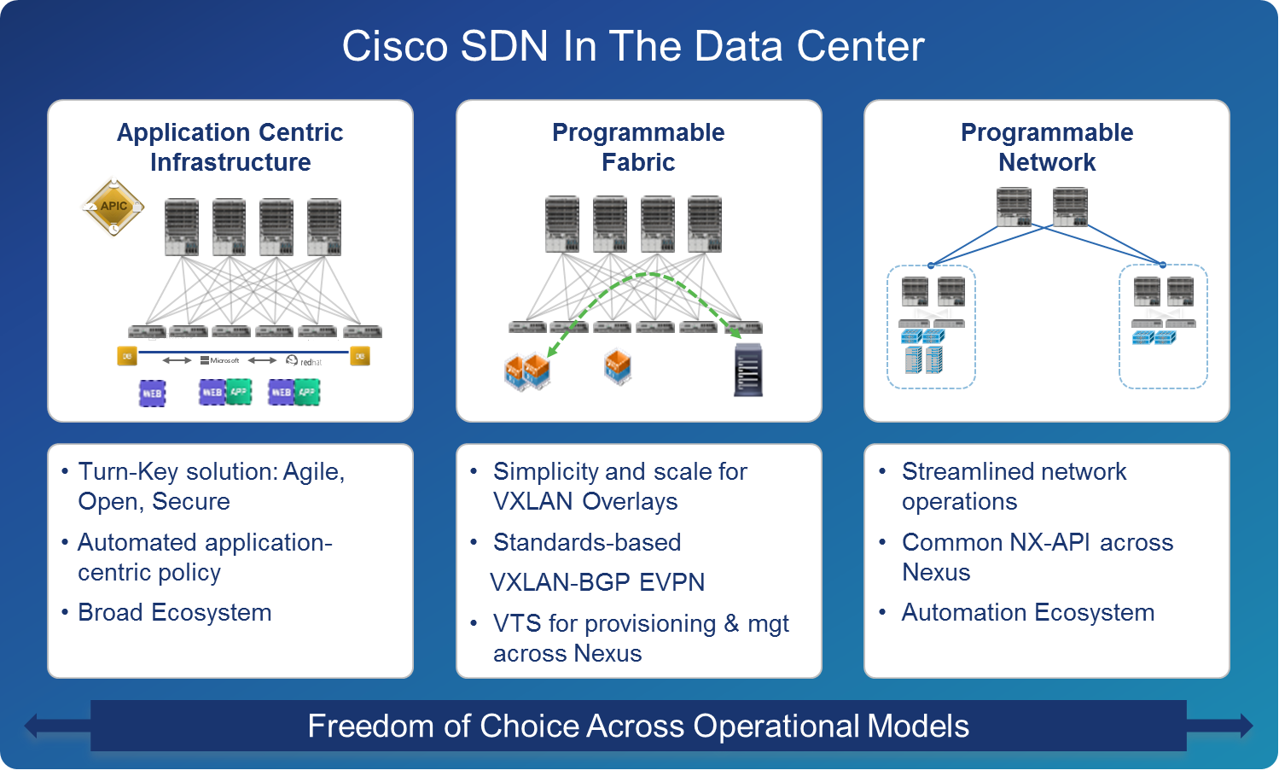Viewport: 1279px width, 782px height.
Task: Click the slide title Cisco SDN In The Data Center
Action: [633, 46]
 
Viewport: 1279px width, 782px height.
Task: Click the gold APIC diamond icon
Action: [113, 207]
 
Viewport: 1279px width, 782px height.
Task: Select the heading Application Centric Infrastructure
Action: [230, 147]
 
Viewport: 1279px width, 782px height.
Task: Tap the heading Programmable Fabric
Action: [638, 147]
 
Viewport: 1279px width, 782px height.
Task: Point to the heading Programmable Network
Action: [1047, 147]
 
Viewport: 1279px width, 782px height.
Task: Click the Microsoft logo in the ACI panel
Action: [220, 360]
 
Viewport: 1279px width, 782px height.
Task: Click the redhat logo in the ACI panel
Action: [305, 361]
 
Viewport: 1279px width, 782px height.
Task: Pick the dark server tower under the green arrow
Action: [747, 370]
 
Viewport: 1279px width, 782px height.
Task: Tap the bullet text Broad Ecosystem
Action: [175, 612]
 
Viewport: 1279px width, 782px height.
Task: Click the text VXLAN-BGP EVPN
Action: [597, 582]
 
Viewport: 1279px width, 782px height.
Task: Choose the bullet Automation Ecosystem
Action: [1027, 612]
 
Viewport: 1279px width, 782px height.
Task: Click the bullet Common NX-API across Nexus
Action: [1037, 557]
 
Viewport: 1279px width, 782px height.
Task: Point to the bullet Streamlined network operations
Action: [1014, 486]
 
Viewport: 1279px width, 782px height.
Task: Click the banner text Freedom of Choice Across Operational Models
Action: [638, 726]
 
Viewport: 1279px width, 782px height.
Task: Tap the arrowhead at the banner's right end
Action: [1245, 726]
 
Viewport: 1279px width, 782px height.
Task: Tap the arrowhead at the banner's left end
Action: [32, 727]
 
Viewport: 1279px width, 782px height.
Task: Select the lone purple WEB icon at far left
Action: [152, 393]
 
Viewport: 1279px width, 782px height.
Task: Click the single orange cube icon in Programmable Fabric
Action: [618, 366]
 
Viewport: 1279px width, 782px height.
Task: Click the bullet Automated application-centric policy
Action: [205, 557]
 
